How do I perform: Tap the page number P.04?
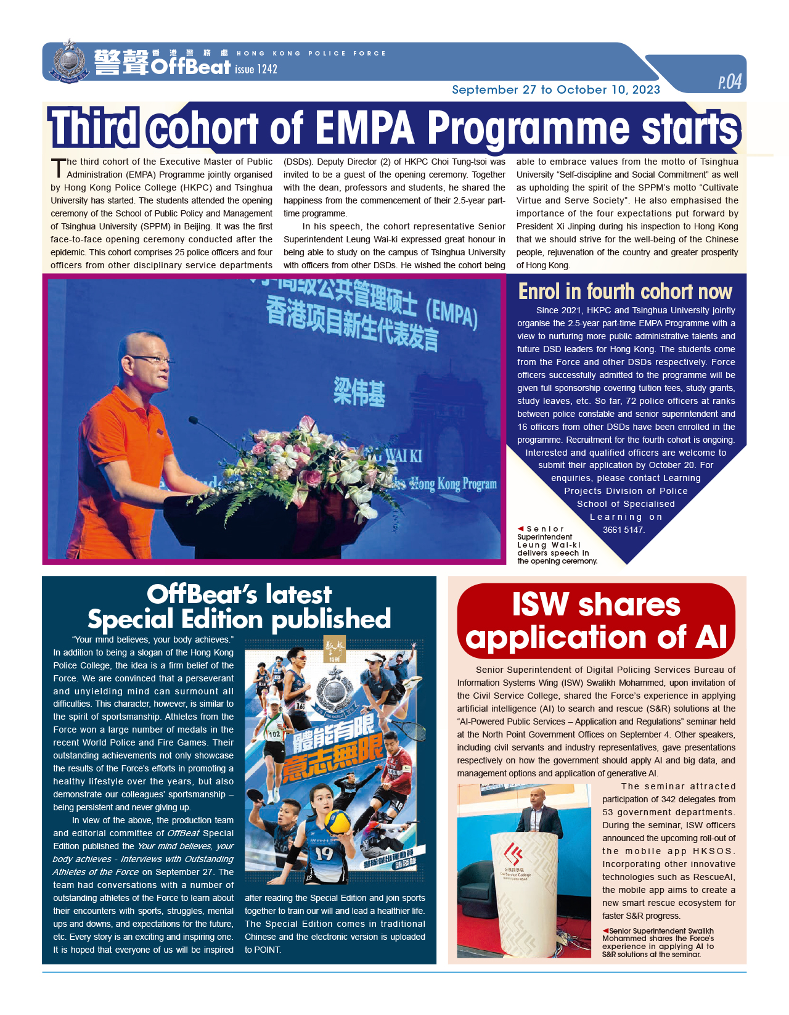tap(730, 82)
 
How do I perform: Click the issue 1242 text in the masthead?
tap(256, 69)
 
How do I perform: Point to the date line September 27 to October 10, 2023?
tap(555, 90)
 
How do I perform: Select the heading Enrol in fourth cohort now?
tap(625, 291)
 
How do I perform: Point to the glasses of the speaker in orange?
tap(151, 360)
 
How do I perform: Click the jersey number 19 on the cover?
tap(324, 853)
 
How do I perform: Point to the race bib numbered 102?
tap(274, 734)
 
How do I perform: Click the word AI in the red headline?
tap(711, 637)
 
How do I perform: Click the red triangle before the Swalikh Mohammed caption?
tap(605, 931)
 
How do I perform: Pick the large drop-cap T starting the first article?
tap(58, 168)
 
